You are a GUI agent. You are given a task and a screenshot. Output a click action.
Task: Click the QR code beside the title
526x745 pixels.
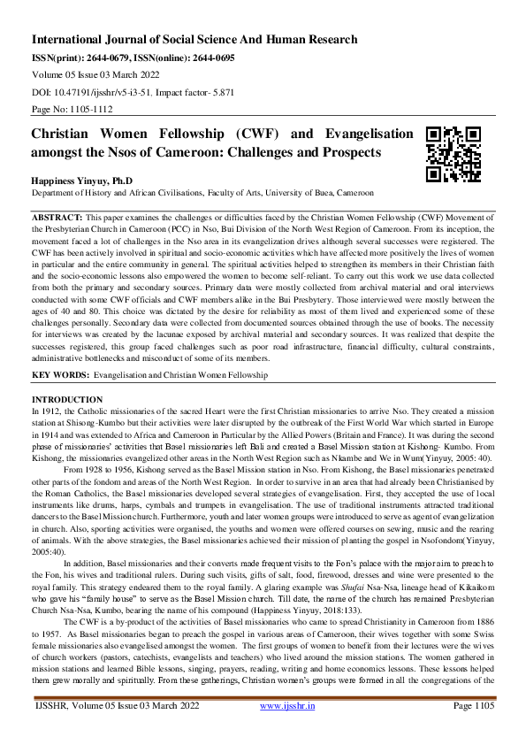pyautogui.click(x=454, y=153)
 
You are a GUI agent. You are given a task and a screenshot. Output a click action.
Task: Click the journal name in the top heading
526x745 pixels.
pyautogui.click(x=194, y=40)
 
